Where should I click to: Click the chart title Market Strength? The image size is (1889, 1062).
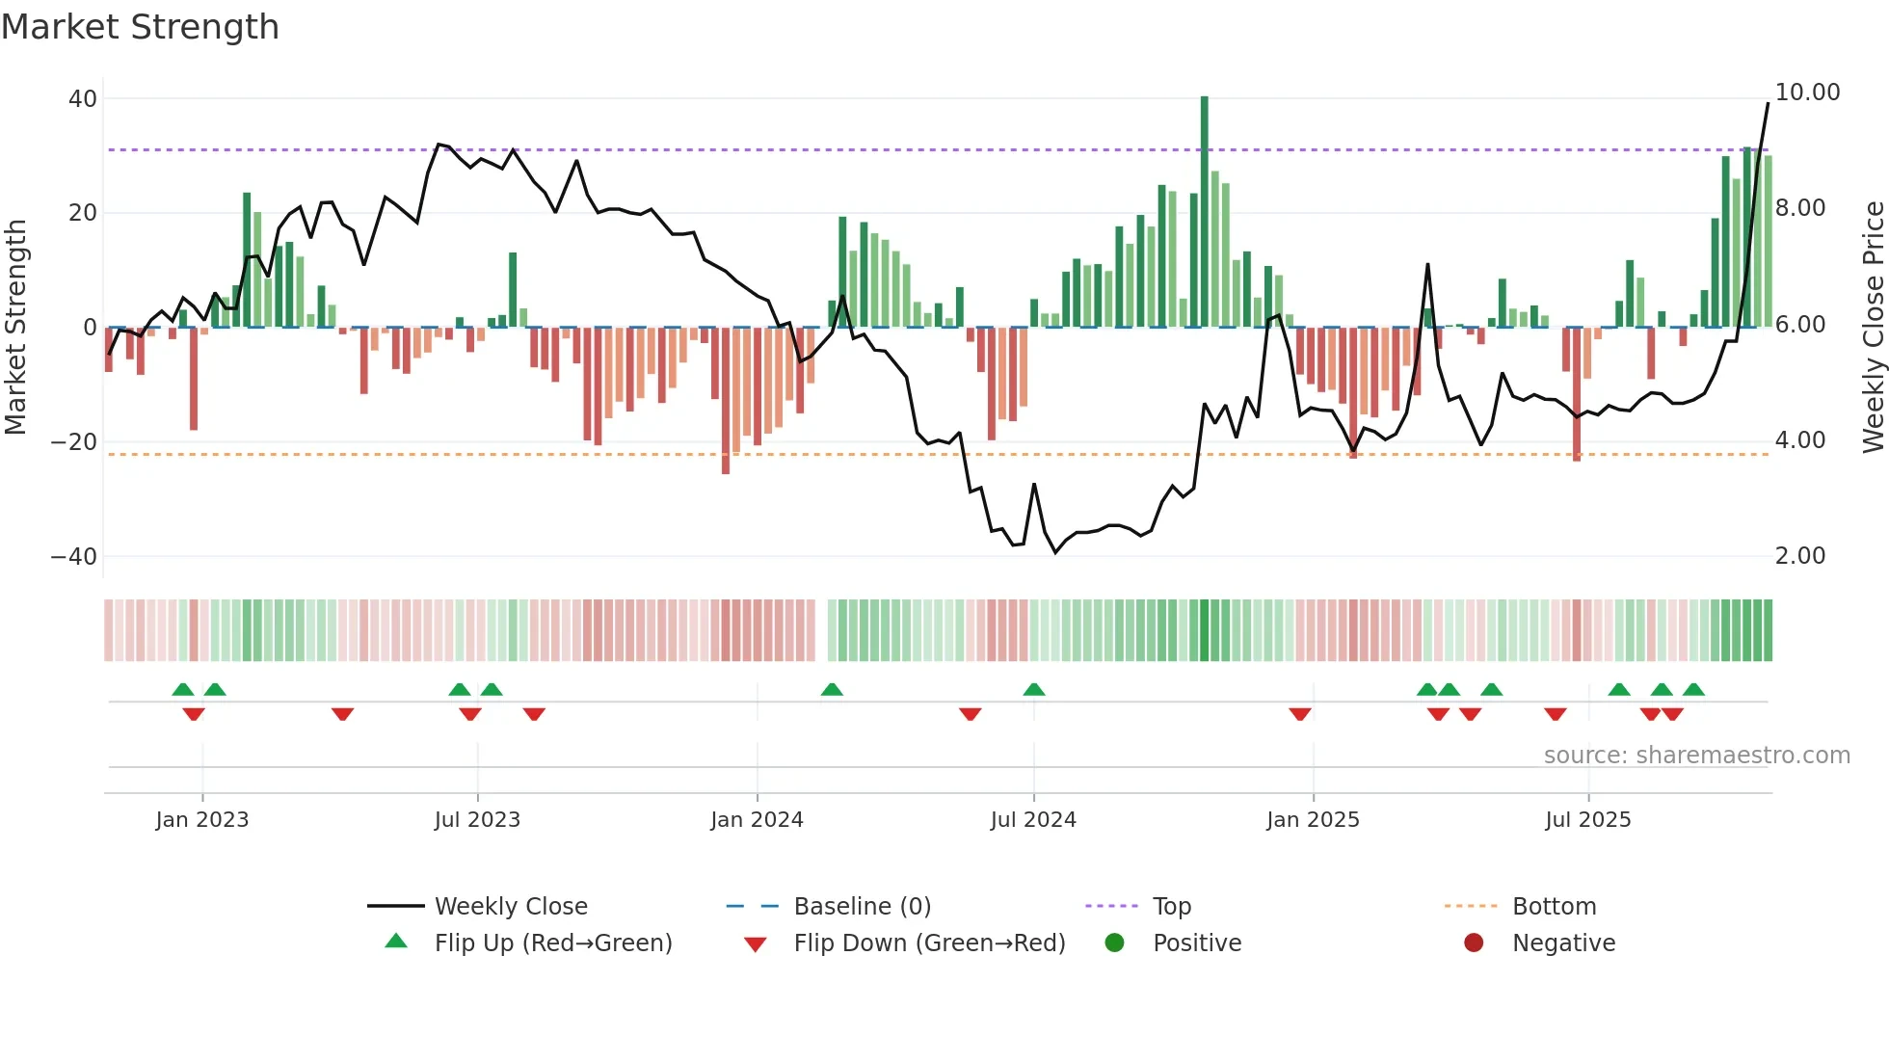click(140, 27)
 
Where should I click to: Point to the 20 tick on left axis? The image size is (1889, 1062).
click(83, 213)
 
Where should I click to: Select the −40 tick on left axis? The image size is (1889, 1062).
click(74, 557)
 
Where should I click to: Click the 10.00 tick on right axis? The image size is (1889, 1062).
click(1807, 93)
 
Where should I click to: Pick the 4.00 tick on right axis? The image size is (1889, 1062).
click(1799, 440)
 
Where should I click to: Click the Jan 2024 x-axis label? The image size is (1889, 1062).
click(757, 820)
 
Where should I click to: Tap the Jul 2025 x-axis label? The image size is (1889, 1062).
click(1587, 820)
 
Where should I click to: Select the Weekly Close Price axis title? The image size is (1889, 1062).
click(1873, 327)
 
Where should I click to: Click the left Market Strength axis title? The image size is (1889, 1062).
click(15, 327)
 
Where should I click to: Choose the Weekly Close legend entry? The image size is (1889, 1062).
click(510, 907)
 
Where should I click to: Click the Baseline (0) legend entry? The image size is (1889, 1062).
click(862, 907)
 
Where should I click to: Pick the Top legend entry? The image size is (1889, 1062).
click(1171, 907)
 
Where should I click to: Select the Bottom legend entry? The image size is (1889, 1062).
click(1554, 907)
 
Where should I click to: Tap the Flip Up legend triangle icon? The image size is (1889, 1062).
click(396, 942)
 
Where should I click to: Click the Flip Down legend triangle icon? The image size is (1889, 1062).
click(756, 944)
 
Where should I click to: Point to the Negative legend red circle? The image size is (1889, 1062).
click(1473, 943)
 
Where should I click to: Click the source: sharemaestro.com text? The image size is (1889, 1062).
click(1696, 756)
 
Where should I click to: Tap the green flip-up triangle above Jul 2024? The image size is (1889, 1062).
click(1034, 689)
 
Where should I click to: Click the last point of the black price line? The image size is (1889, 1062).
click(1768, 103)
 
